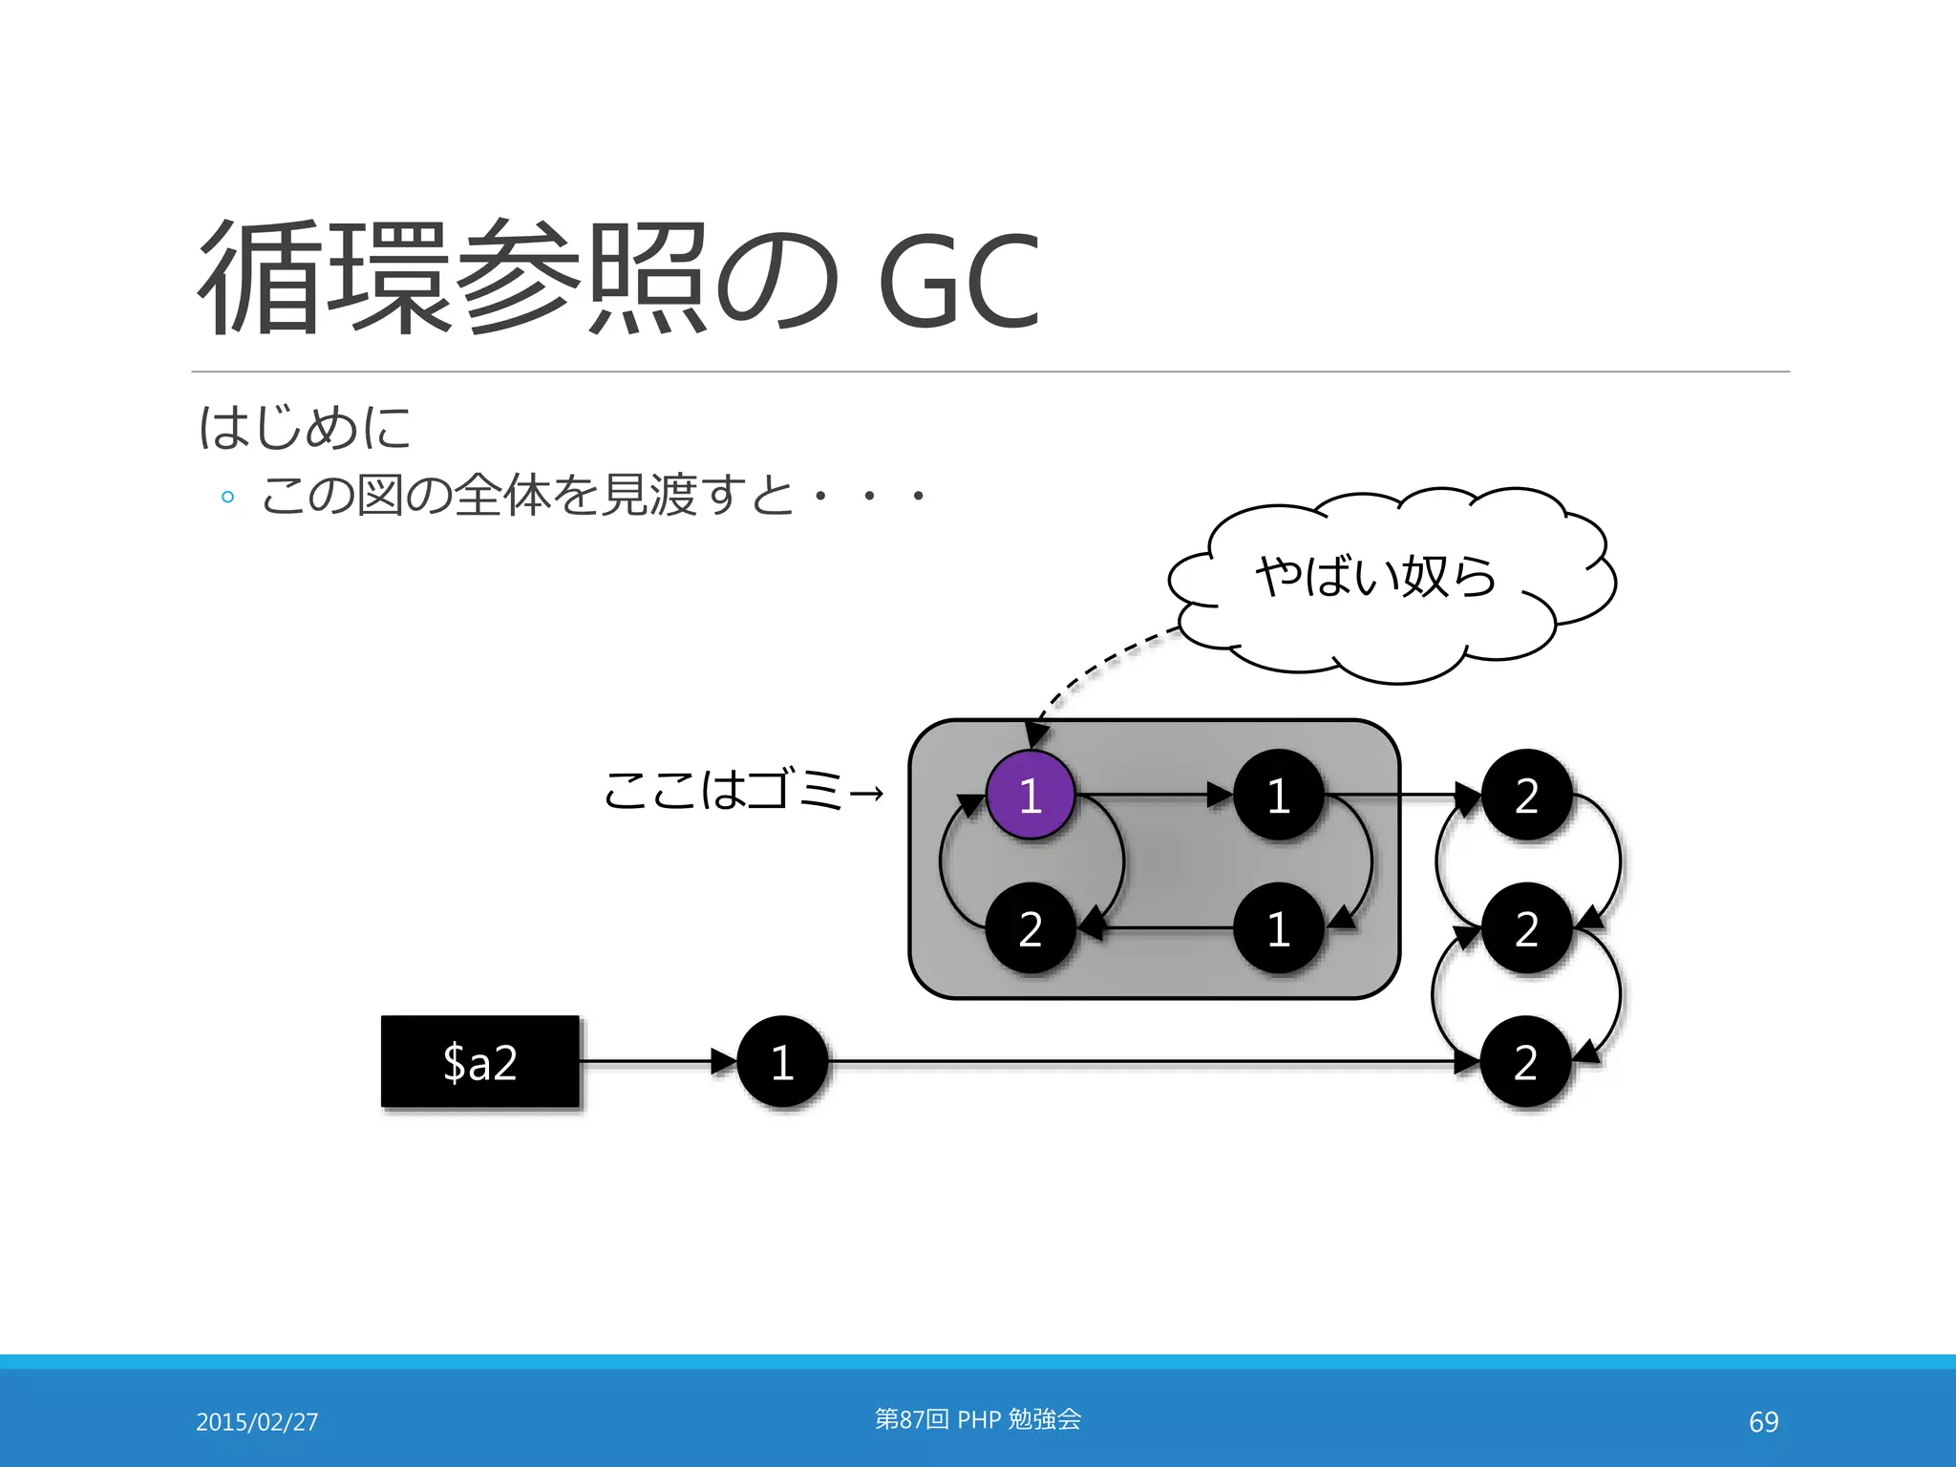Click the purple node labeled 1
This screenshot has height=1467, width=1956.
click(1030, 795)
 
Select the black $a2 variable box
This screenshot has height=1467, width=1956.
click(480, 1061)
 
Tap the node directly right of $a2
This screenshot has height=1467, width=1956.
click(782, 1061)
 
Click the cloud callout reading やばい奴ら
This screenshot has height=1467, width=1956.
click(1376, 577)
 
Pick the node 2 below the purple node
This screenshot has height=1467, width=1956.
click(1030, 928)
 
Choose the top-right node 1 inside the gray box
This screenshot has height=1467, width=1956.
click(1278, 795)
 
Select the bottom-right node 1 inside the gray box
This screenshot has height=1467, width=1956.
click(1278, 928)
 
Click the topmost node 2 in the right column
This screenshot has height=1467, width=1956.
click(1526, 795)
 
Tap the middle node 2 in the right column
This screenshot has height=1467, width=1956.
click(1526, 928)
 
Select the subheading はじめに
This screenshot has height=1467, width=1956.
click(305, 427)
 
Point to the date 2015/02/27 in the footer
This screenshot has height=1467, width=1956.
click(257, 1421)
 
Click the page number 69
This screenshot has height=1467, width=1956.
click(1763, 1421)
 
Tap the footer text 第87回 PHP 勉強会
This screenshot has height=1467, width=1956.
click(978, 1419)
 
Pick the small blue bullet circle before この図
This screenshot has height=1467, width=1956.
click(227, 497)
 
